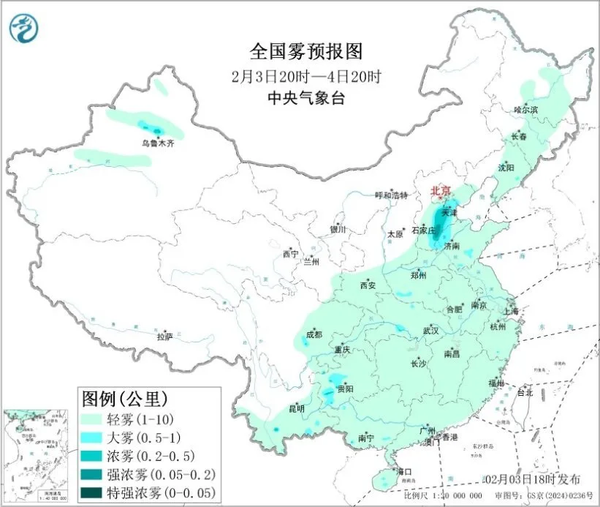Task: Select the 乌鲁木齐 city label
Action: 159,143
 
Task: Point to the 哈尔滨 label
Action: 525,110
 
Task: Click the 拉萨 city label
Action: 165,337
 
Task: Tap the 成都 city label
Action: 314,335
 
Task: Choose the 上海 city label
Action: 512,312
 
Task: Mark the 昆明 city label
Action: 296,408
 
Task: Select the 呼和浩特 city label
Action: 389,195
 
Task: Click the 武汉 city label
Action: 430,331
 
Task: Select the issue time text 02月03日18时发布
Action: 533,479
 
